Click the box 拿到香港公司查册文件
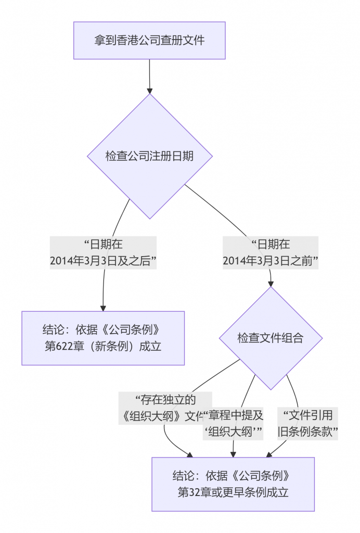149,40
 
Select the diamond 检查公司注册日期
149,156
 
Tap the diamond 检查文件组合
271,338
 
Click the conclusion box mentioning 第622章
103,338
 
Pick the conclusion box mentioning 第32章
233,484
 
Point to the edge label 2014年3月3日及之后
103,252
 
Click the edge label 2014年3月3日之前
271,252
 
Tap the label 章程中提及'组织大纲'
234,423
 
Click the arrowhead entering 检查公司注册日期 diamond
150,91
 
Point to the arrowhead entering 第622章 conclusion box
103,308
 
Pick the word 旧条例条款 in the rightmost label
308,431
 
